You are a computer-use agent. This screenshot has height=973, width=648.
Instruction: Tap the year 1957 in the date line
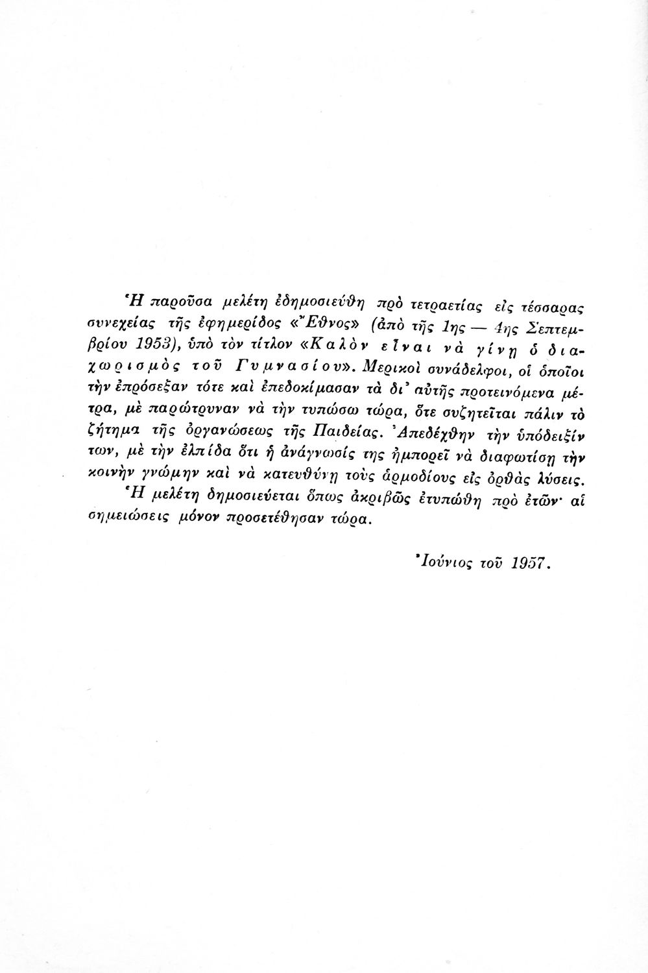coord(530,564)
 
